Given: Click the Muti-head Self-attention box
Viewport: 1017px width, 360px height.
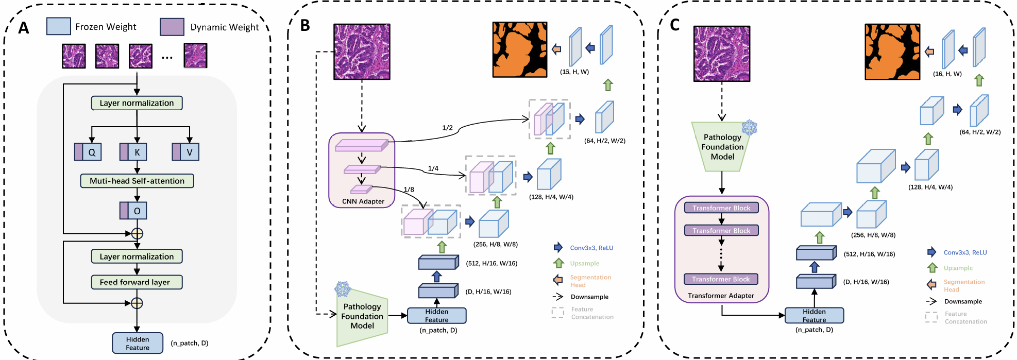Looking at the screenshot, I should point(137,181).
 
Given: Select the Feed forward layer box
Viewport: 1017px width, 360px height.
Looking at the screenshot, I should point(137,282).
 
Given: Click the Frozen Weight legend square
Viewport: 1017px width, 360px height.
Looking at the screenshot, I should point(58,26).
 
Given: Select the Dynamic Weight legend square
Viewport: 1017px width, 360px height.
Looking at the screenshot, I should point(172,27).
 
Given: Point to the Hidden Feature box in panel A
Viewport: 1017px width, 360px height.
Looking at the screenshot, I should point(138,343).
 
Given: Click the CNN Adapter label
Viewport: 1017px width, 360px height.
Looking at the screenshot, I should point(363,201).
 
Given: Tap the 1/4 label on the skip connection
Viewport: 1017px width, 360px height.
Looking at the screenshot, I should point(433,168).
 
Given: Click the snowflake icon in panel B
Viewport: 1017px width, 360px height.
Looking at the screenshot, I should point(343,288).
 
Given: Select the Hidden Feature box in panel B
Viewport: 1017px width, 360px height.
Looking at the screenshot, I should point(437,316).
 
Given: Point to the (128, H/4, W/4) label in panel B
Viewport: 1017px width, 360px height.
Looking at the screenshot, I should point(551,197).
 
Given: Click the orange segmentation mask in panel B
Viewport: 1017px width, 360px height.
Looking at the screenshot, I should point(519,49).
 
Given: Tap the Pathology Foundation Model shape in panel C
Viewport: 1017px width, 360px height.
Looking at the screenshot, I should point(722,147).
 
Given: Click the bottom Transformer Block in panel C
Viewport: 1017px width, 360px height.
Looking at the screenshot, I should point(721,279).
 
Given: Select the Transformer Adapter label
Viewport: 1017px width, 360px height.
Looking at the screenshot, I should point(721,296).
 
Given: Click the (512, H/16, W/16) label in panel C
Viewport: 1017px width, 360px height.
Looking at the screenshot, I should point(869,254).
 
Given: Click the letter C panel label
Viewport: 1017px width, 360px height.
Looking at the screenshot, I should point(674,25).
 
